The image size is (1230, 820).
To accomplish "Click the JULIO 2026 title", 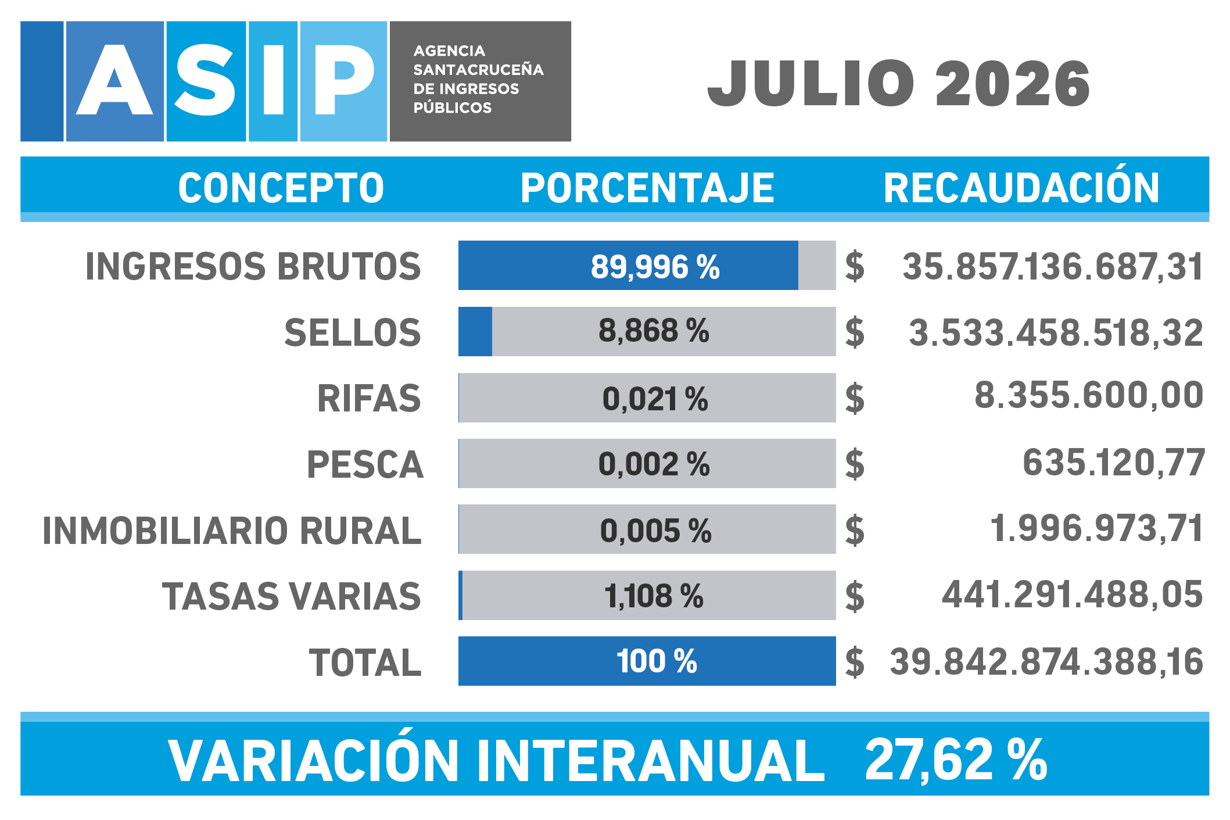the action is pyautogui.click(x=898, y=84).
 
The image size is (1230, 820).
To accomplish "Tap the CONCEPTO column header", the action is pyautogui.click(x=281, y=188).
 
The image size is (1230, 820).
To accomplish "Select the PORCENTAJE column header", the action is pyautogui.click(x=647, y=188).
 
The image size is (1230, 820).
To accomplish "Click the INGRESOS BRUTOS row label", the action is pyautogui.click(x=253, y=266).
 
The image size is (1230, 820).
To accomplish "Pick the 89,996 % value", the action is pyautogui.click(x=655, y=267).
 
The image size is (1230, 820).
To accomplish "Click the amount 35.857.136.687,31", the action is pyautogui.click(x=1053, y=267).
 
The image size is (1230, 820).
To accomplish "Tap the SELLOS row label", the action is pyautogui.click(x=352, y=332).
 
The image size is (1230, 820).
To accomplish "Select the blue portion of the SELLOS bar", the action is pyautogui.click(x=475, y=331).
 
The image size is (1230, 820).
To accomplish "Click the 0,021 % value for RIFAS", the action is pyautogui.click(x=655, y=399).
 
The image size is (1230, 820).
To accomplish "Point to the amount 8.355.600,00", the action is pyautogui.click(x=1089, y=395).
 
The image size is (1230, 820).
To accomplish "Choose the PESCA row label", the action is pyautogui.click(x=365, y=464).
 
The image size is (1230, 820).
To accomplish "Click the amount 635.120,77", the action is pyautogui.click(x=1114, y=463).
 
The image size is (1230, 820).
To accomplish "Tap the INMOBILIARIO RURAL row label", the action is pyautogui.click(x=232, y=531).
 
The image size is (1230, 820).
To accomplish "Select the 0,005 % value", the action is pyautogui.click(x=656, y=531).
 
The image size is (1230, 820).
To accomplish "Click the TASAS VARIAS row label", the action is pyautogui.click(x=291, y=596).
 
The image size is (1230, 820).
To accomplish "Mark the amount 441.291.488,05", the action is pyautogui.click(x=1073, y=595).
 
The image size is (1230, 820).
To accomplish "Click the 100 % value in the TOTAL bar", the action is pyautogui.click(x=657, y=661).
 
